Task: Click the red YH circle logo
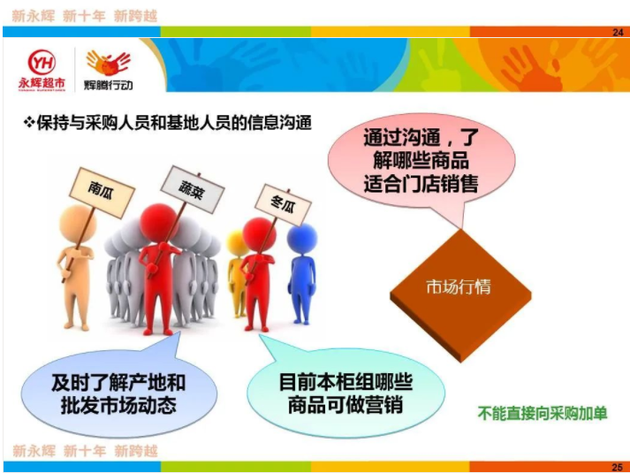tap(42, 62)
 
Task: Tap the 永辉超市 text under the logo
tap(42, 83)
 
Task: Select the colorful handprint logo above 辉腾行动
tap(108, 63)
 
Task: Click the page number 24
tap(618, 32)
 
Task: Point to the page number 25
tap(617, 467)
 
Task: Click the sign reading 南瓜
tap(102, 192)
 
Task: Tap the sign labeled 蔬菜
tap(192, 188)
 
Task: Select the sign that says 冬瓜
tap(283, 204)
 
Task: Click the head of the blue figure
tap(302, 239)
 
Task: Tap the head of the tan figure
tap(78, 224)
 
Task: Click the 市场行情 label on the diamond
tap(459, 287)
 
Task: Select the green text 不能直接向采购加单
tap(543, 414)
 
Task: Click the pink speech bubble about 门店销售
tap(421, 161)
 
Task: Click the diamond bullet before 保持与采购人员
tap(28, 123)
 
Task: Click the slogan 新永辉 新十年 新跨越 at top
tap(85, 16)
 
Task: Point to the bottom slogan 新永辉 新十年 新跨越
tap(85, 451)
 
